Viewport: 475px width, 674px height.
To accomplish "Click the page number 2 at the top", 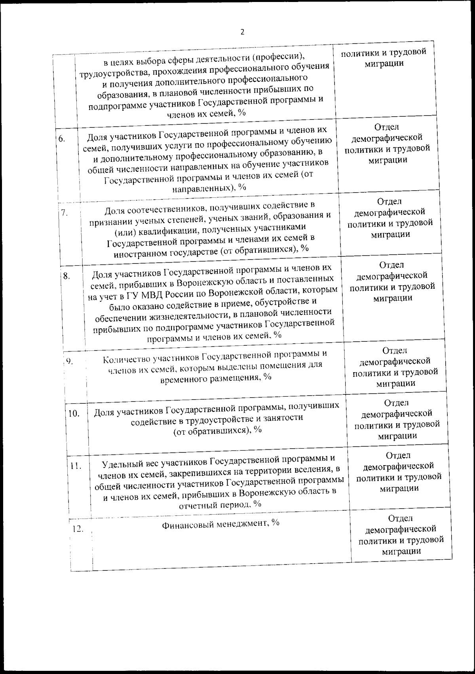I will [x=242, y=32].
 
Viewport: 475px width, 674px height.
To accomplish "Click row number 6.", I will [x=62, y=139].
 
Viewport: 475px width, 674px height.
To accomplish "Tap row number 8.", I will [x=66, y=276].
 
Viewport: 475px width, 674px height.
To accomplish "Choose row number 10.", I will [x=74, y=414].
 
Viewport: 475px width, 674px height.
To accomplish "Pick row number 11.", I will [x=76, y=466].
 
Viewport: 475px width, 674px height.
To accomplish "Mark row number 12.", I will [x=78, y=528].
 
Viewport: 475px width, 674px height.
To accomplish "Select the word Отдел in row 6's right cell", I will [x=386, y=127].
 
